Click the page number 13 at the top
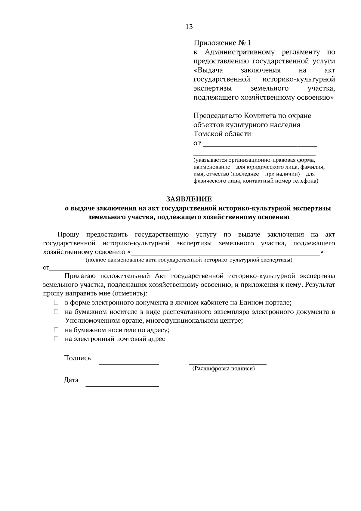pos(189,27)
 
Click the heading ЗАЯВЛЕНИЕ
pos(189,199)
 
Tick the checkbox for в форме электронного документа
pos(56,302)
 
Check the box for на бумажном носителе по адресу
pos(56,330)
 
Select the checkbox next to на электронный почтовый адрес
pos(56,339)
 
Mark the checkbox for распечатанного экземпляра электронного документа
pos(56,312)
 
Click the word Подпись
pos(77,358)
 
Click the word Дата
pos(71,380)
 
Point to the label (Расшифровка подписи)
pos(224,368)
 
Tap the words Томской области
pos(222,134)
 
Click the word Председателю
pos(217,116)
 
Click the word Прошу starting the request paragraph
pos(68,234)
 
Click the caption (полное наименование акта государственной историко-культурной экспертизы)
pos(189,260)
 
